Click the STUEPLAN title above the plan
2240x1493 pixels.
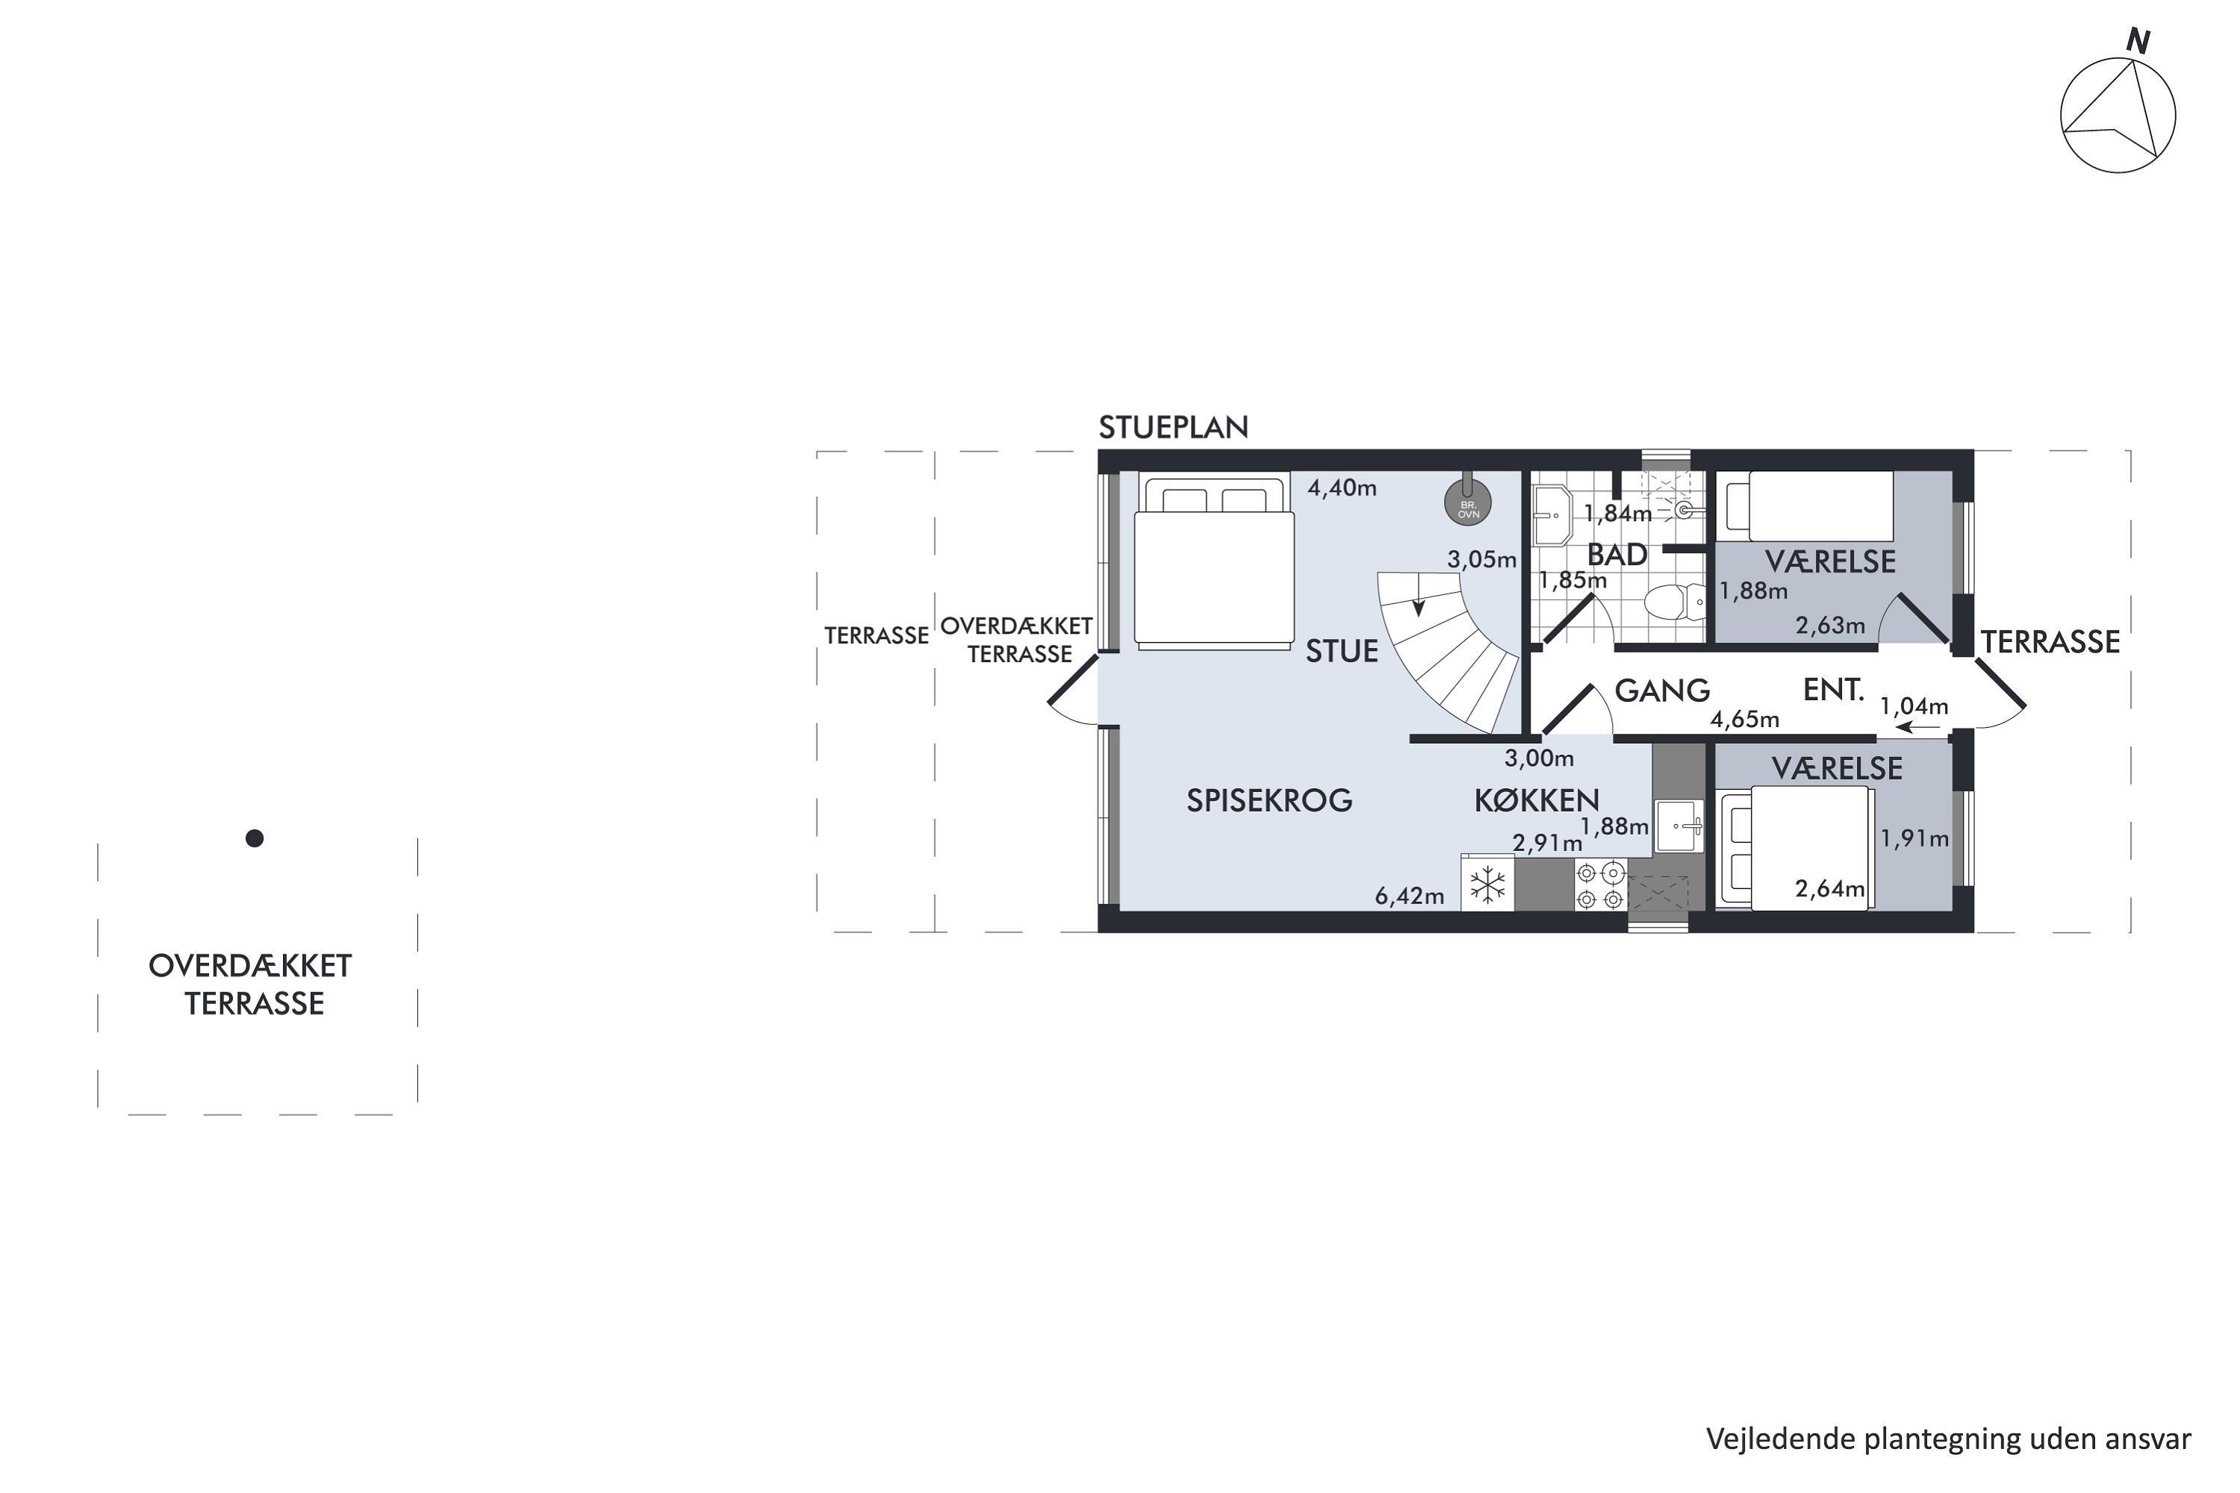click(x=1173, y=428)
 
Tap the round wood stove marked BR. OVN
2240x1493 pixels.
click(x=1468, y=502)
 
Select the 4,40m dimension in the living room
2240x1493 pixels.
click(x=1342, y=488)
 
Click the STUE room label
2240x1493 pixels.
click(x=1342, y=651)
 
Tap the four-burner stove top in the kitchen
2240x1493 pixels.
click(x=1600, y=885)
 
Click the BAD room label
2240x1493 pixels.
click(x=1617, y=554)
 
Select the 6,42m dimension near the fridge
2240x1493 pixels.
click(x=1410, y=896)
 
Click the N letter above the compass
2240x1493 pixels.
click(x=2139, y=41)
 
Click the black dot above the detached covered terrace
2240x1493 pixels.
click(x=255, y=838)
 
